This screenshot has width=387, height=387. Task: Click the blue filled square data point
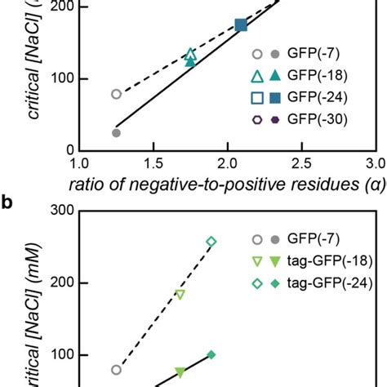[241, 25]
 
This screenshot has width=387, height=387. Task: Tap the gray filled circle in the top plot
[116, 133]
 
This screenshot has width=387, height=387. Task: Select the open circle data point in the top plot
[116, 94]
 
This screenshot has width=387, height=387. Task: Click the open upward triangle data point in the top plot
[190, 54]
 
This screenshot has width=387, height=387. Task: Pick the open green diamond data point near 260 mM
[211, 242]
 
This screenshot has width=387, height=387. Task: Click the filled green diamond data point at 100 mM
[211, 354]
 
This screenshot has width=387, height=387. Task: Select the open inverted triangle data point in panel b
[180, 295]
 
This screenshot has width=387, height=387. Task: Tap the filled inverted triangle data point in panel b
[180, 373]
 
